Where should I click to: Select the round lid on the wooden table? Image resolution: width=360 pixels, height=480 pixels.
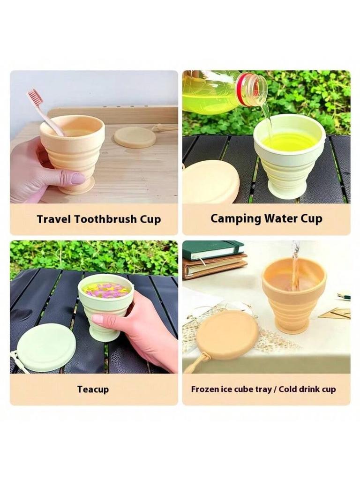[135, 137]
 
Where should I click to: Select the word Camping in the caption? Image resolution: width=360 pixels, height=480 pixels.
[236, 218]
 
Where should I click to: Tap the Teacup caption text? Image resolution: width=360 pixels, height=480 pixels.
[94, 389]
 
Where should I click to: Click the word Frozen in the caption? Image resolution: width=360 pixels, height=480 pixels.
[205, 389]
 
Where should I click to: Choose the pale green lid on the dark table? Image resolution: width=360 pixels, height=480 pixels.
[46, 347]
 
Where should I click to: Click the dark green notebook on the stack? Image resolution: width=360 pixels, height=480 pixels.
[213, 249]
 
